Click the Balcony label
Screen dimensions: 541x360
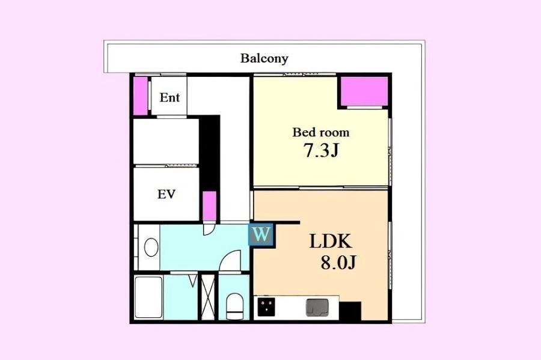(x=264, y=58)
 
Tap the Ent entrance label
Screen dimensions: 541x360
(x=170, y=97)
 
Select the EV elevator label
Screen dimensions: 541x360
(x=167, y=194)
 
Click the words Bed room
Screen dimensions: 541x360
(x=321, y=132)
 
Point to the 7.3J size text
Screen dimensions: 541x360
(x=321, y=150)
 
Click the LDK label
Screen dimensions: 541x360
(x=331, y=241)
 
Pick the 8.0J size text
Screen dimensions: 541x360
(x=338, y=263)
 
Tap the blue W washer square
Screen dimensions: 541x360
(x=261, y=235)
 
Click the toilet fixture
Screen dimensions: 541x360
(x=234, y=306)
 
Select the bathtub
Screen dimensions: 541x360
(x=148, y=297)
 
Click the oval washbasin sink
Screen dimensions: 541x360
(x=151, y=247)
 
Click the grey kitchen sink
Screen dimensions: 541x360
(x=317, y=308)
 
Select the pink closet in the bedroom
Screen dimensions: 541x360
(x=364, y=91)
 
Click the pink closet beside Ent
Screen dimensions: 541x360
(x=141, y=96)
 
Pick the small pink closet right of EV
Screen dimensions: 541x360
(x=209, y=206)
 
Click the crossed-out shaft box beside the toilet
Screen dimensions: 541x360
(x=208, y=297)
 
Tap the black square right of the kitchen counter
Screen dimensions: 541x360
(x=350, y=311)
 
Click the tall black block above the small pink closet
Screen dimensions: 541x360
(x=209, y=153)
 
